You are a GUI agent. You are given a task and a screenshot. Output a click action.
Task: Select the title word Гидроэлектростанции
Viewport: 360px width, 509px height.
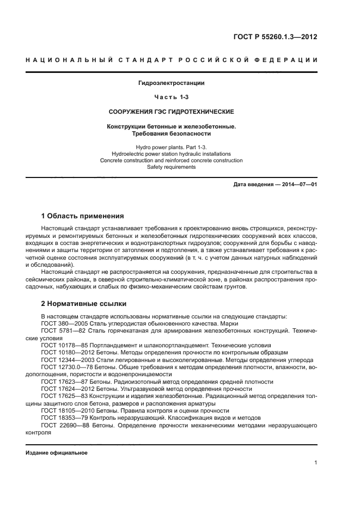point(172,83)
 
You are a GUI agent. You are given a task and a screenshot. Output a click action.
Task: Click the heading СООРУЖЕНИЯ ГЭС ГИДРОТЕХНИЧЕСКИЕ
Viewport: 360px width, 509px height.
point(172,112)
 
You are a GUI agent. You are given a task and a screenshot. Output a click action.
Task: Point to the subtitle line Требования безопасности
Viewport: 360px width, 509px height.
point(172,133)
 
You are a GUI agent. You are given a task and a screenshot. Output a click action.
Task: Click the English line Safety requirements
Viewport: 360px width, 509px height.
point(172,167)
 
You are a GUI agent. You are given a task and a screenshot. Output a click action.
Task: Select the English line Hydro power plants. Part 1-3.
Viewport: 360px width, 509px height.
point(172,148)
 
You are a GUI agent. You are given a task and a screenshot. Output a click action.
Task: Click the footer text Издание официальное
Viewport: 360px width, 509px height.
point(57,453)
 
